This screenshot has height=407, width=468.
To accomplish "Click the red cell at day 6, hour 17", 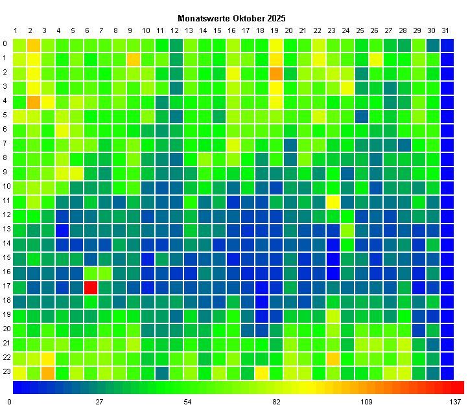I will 91,287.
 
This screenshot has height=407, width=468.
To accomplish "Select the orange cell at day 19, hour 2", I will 276,73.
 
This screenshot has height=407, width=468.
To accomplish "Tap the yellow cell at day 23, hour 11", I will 333,202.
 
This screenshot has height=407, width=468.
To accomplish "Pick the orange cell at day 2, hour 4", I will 34,102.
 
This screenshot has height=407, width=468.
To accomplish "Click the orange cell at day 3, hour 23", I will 48,373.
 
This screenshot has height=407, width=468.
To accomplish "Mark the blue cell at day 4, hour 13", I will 62,230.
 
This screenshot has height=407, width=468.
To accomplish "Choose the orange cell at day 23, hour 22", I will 333,358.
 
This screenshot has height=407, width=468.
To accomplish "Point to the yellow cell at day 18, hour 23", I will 262,373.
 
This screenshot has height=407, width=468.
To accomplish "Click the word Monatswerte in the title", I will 200,19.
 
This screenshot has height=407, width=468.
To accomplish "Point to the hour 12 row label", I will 5,216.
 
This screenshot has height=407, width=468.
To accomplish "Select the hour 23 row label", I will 5,373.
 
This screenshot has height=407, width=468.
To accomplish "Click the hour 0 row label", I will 5,45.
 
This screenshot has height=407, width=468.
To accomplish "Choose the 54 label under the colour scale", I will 187,402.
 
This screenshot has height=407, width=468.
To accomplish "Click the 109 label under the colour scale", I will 366,402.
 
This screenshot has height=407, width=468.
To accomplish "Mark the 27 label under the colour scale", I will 99,402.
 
